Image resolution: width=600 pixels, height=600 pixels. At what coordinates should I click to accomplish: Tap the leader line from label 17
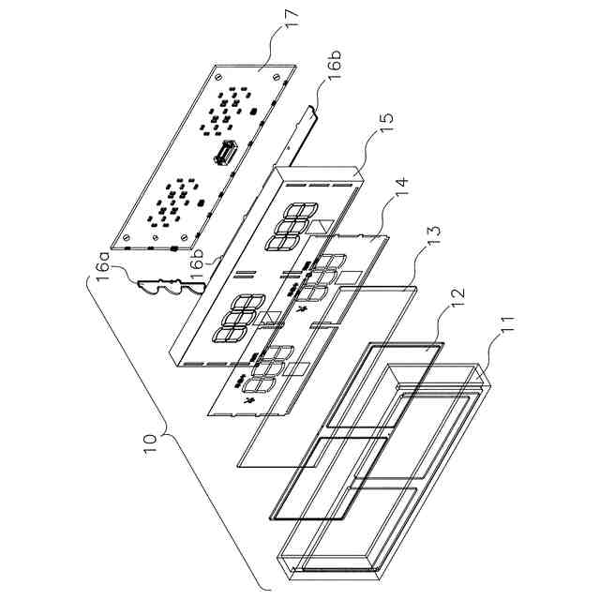pyautogui.click(x=277, y=47)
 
